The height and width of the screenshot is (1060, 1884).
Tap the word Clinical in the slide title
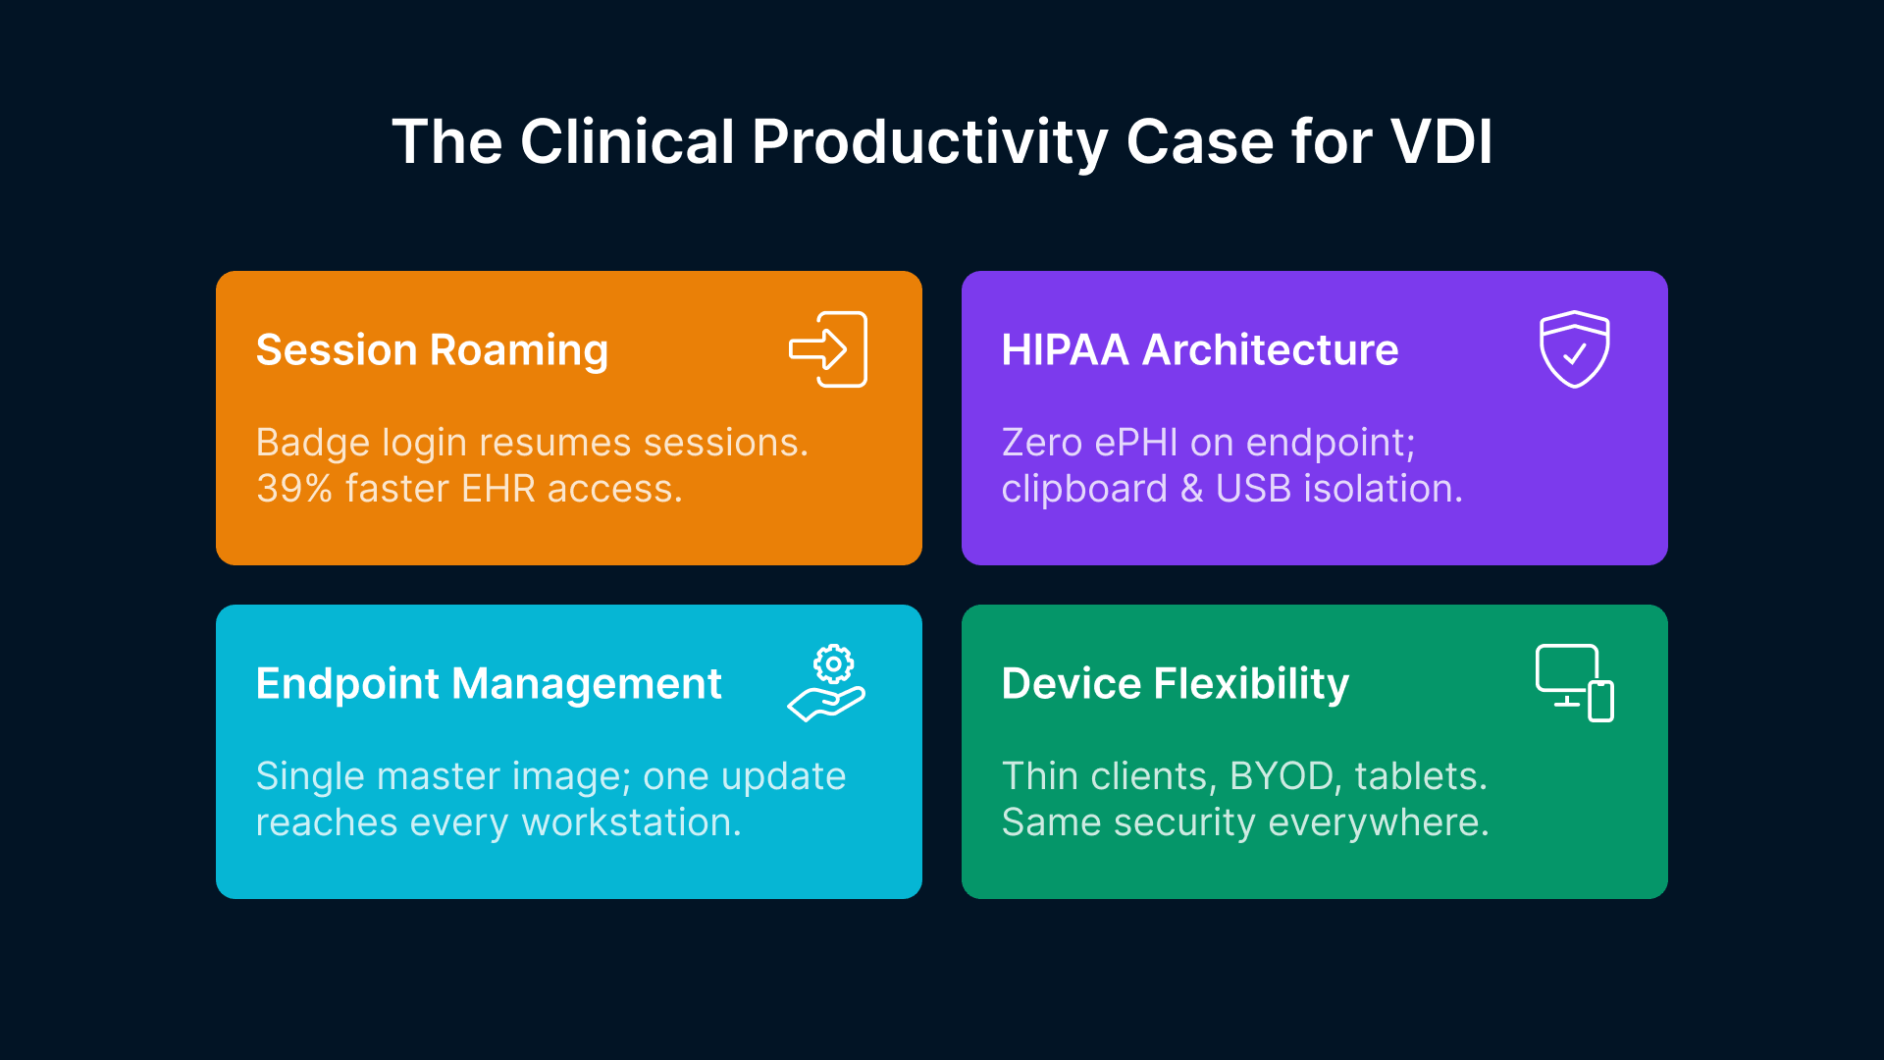(x=627, y=142)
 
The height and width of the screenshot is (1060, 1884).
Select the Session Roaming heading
(x=432, y=350)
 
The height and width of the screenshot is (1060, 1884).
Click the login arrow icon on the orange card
(x=828, y=349)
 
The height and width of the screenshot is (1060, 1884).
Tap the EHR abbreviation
(x=497, y=489)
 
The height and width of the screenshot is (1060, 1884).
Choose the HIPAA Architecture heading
(x=1199, y=350)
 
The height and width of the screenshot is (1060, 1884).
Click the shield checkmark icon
(x=1574, y=349)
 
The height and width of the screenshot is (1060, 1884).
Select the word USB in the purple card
(x=1253, y=489)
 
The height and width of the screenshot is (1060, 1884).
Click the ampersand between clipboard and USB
(x=1191, y=489)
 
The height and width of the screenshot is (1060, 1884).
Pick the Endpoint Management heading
(x=488, y=684)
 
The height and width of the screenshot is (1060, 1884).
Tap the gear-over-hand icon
(x=827, y=683)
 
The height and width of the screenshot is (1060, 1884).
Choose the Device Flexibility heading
(x=1175, y=684)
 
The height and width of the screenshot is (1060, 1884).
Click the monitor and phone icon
(x=1574, y=683)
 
